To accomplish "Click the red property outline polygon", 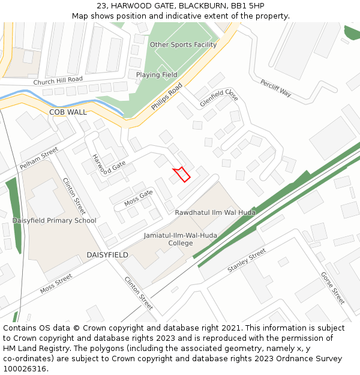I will pos(182,174).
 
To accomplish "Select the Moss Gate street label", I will pos(139,197).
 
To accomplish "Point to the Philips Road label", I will pos(166,97).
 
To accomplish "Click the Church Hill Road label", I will pos(58,80).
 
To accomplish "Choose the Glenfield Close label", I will pos(218,97).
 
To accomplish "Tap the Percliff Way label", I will pos(275,88).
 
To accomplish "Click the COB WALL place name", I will pos(68,112).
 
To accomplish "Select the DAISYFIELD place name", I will pos(107,255).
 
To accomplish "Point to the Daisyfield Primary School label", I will pos(54,220).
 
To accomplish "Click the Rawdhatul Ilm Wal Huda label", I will pos(215,212).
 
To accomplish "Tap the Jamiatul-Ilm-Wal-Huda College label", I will pos(181,239).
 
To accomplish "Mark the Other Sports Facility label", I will pos(183,45).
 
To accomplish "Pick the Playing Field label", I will pos(157,75).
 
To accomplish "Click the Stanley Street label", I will pos(246,262).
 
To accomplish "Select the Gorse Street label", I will pos(333,287).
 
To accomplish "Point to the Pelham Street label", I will pos(38,158).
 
